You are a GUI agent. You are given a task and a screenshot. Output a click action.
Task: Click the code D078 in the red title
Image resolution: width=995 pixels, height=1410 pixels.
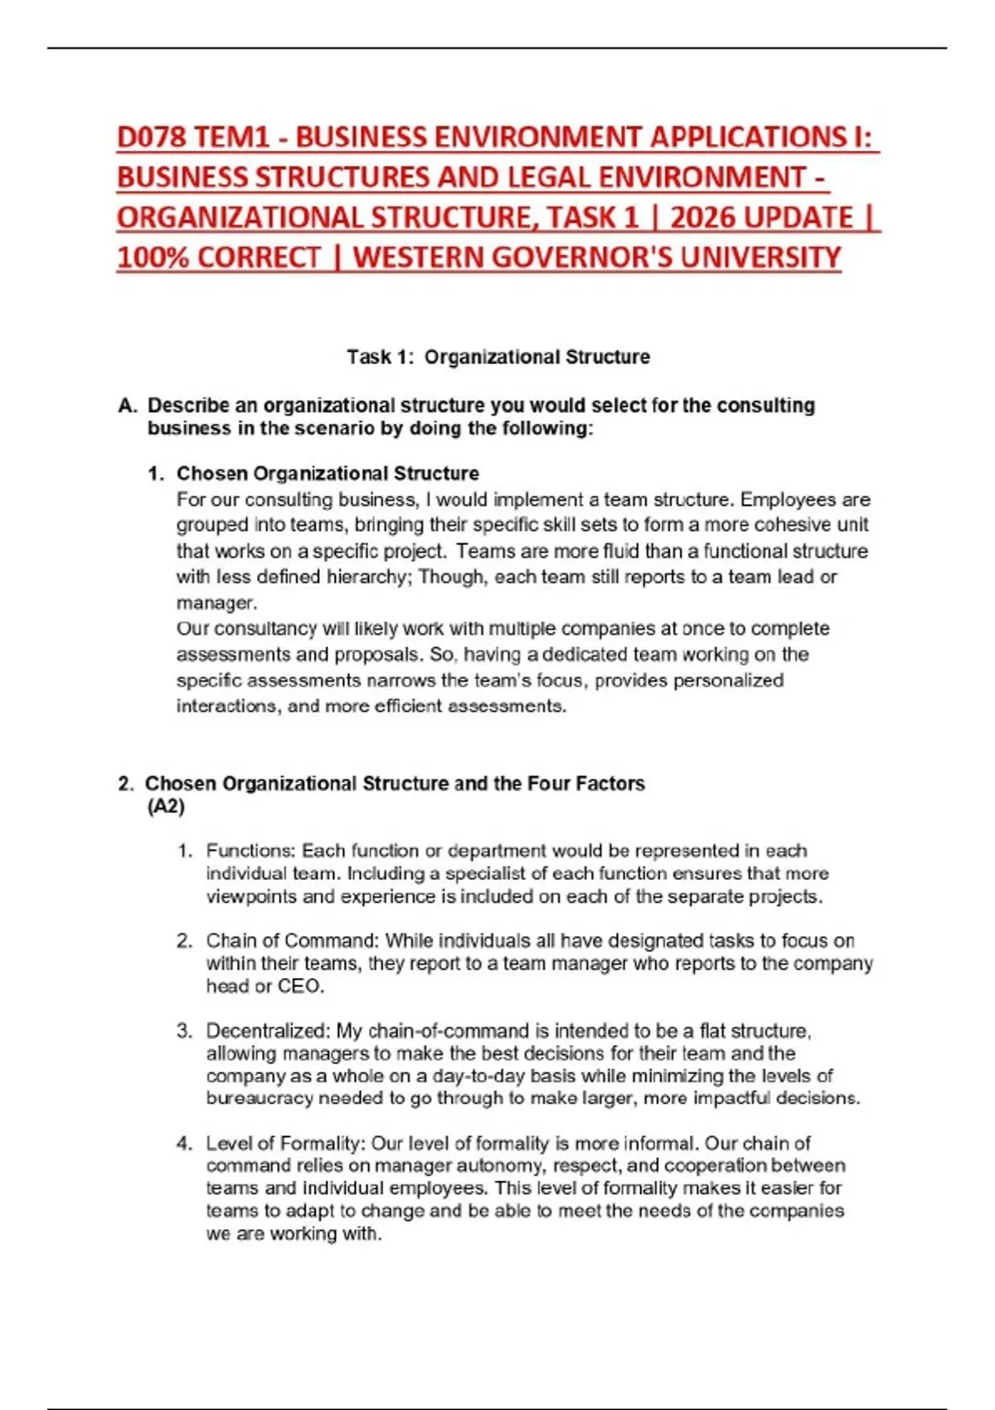(152, 137)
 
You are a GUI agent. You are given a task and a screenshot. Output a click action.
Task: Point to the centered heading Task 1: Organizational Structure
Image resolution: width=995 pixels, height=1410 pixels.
(498, 357)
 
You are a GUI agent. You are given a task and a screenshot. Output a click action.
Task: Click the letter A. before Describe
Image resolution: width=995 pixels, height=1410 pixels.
(127, 406)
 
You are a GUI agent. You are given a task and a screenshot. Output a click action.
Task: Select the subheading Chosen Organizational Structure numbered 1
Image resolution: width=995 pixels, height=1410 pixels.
(328, 474)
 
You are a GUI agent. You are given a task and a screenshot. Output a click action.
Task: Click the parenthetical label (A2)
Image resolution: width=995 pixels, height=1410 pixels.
(166, 807)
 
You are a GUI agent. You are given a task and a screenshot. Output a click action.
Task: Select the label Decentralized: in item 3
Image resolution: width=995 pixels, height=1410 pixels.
(269, 1031)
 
